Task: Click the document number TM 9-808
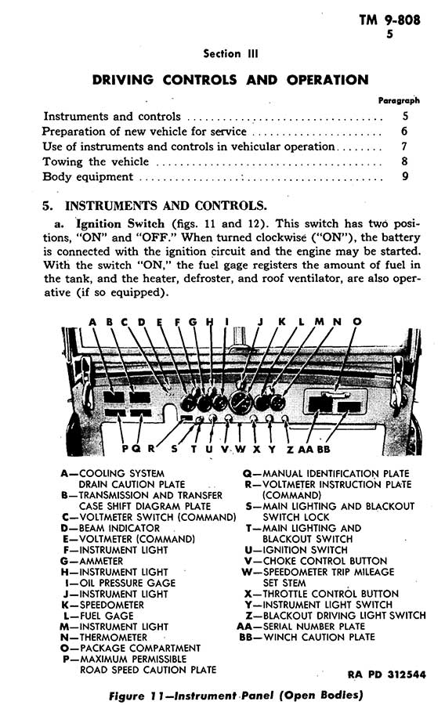tap(389, 20)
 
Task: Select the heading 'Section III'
tap(230, 54)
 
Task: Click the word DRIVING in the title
tap(123, 80)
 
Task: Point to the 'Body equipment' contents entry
tap(88, 177)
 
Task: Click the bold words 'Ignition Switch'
tap(120, 224)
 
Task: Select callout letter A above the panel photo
tap(92, 322)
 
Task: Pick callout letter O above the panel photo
tap(357, 322)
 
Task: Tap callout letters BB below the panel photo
tap(324, 449)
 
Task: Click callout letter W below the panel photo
tap(241, 449)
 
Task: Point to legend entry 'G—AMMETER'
tap(91, 561)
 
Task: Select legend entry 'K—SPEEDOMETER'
tap(103, 605)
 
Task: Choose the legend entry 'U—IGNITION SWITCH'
tap(296, 550)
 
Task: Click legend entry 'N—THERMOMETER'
tap(103, 638)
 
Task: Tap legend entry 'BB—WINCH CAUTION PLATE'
tap(307, 637)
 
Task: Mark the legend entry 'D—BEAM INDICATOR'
tap(110, 528)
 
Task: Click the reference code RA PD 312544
tap(386, 674)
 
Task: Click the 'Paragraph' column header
tap(399, 101)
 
